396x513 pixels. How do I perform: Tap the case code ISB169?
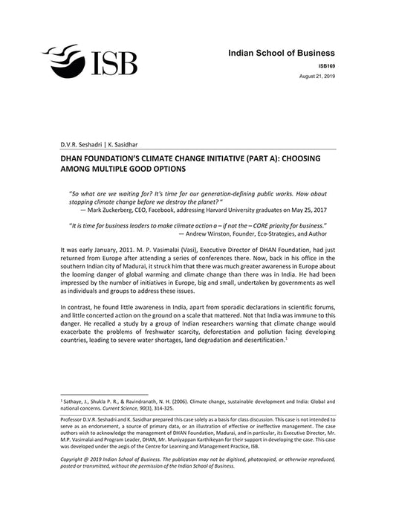tap(325, 67)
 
